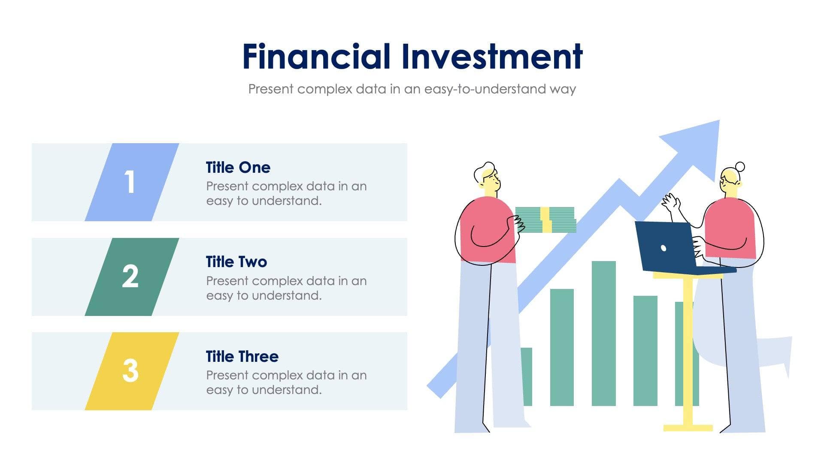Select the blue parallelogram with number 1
point(131,182)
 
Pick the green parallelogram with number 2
point(131,277)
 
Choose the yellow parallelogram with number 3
point(131,371)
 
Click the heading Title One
point(238,168)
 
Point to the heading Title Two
point(236,262)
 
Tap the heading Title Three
point(242,356)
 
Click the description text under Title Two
point(286,288)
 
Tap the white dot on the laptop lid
point(663,248)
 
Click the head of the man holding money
point(488,177)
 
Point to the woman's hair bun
point(740,167)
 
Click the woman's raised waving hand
point(670,202)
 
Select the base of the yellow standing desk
point(688,427)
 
